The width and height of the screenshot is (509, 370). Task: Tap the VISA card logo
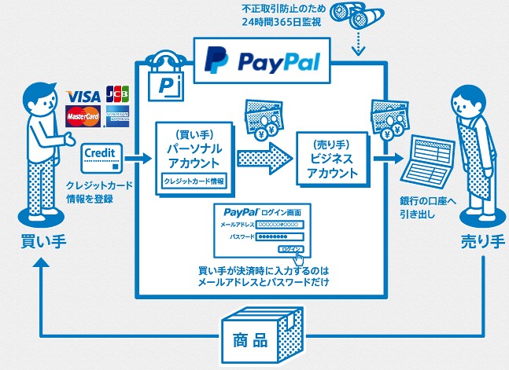[x=83, y=96]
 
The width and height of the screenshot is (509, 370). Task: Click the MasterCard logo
[x=82, y=119]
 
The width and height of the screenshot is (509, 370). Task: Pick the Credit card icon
[x=101, y=157]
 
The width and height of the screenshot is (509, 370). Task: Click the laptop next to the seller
[x=429, y=167]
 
